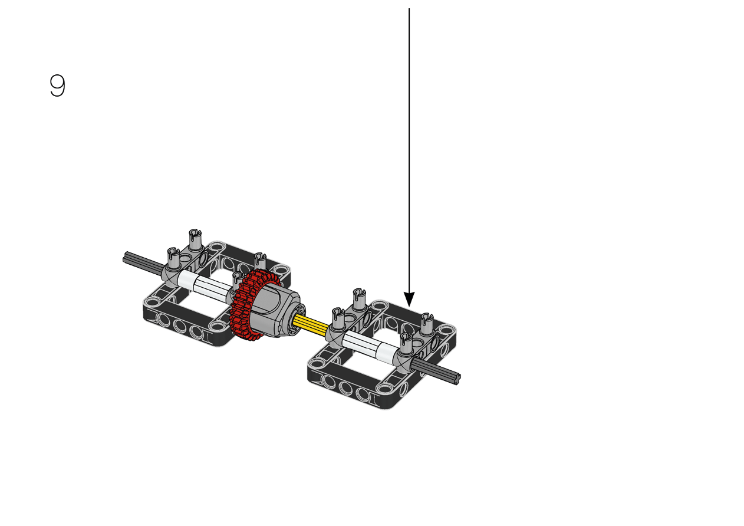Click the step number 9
click(x=57, y=86)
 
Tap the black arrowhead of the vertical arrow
click(x=409, y=299)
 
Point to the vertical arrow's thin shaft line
click(x=409, y=150)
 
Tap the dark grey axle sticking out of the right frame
click(x=436, y=372)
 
